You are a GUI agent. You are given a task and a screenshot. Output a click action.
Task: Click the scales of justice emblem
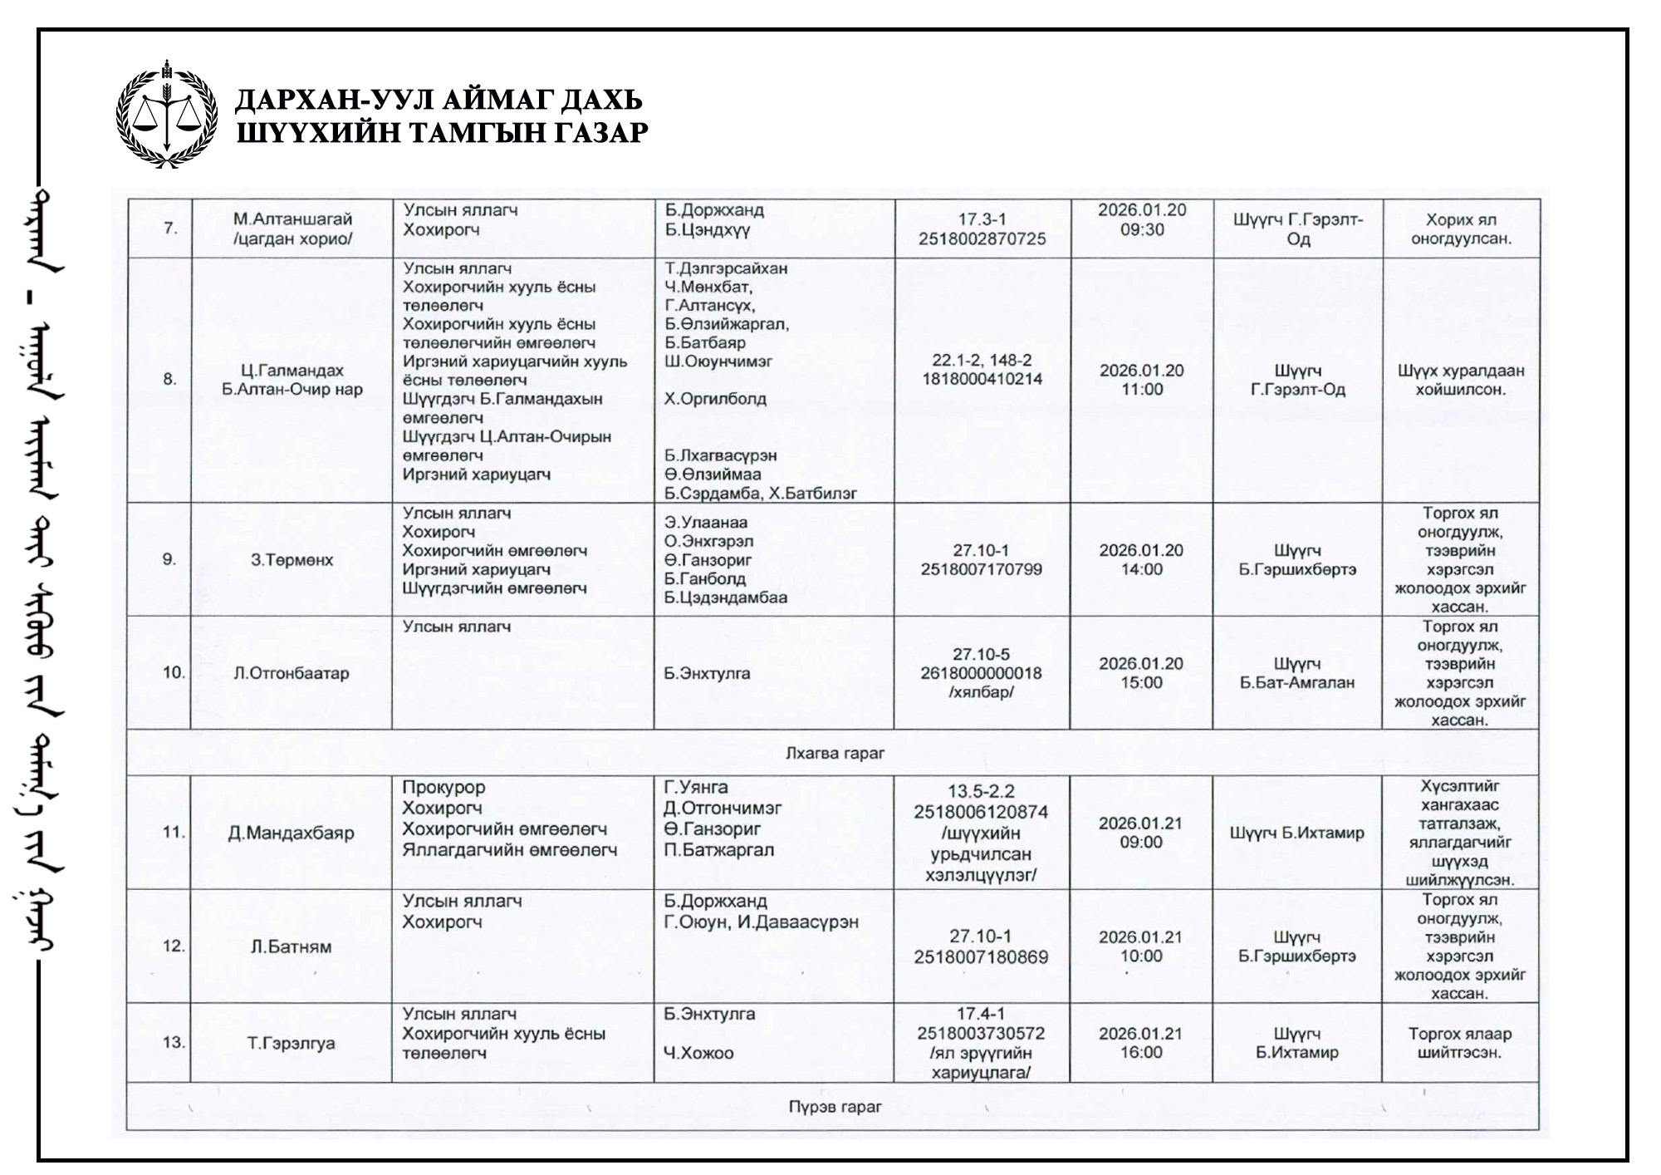click(x=167, y=114)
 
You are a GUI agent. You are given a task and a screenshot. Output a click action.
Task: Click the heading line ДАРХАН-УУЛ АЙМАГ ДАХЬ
click(x=439, y=100)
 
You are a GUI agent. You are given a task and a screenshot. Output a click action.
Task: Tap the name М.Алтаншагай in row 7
click(x=292, y=219)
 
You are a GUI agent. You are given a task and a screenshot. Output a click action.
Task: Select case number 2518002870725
click(x=982, y=239)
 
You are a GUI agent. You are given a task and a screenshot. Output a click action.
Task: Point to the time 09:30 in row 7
click(x=1142, y=229)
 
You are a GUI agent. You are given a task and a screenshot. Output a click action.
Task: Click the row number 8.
click(x=169, y=380)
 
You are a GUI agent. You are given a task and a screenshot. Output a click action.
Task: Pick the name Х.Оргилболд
click(x=715, y=399)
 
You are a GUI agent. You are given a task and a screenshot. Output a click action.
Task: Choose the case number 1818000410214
click(x=982, y=380)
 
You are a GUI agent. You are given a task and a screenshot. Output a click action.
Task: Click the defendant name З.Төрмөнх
click(x=292, y=560)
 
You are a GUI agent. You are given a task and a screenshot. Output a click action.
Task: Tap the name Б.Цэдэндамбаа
click(x=725, y=597)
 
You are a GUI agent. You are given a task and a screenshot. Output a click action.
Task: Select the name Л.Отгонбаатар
click(x=292, y=673)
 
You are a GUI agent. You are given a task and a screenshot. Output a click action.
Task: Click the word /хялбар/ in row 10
click(x=982, y=692)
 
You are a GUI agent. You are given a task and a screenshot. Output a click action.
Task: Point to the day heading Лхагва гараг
click(x=835, y=754)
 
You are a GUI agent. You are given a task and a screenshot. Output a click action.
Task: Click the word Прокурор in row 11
click(x=443, y=788)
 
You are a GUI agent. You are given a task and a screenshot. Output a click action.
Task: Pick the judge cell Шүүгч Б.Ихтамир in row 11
click(x=1296, y=833)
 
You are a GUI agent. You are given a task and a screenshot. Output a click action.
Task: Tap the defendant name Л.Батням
click(x=292, y=946)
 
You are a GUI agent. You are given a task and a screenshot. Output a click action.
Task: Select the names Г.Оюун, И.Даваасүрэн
click(x=761, y=922)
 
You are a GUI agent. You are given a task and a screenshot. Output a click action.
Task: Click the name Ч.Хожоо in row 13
click(x=698, y=1054)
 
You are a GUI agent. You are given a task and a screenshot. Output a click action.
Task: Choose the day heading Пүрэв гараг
click(x=835, y=1107)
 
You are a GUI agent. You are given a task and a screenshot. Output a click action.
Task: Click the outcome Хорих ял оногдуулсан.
click(x=1460, y=229)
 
